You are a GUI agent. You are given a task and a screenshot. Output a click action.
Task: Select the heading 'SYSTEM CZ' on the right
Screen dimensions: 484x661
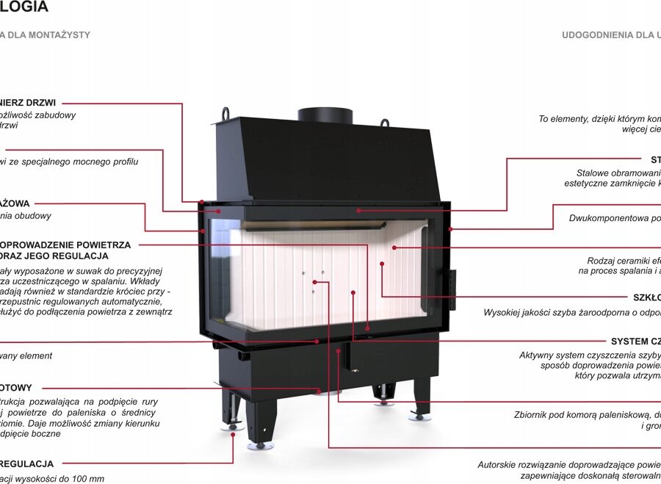point(635,342)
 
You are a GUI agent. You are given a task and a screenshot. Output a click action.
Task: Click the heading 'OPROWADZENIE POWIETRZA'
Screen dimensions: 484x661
point(65,245)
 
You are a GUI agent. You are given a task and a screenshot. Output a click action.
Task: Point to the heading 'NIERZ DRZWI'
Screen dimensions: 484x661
point(28,103)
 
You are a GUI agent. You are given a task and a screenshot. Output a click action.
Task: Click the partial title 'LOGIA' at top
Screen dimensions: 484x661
point(24,8)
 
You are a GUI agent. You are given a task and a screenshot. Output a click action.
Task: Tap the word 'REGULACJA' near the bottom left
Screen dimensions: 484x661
point(27,464)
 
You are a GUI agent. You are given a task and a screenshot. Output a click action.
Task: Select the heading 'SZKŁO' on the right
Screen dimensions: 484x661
point(646,297)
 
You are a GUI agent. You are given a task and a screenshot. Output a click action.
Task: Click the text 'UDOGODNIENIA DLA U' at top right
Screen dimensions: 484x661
point(611,35)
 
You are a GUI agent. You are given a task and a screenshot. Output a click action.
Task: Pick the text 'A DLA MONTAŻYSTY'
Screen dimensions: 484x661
point(45,35)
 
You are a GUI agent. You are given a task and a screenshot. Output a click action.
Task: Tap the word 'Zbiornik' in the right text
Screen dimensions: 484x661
point(532,415)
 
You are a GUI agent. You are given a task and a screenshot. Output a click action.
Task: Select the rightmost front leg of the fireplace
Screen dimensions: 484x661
point(421,400)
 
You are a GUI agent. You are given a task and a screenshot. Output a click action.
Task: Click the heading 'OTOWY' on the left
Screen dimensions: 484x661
point(16,388)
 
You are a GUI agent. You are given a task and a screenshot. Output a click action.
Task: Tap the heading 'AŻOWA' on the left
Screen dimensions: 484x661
point(15,203)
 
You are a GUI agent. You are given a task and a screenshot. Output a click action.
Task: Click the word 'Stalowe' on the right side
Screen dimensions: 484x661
point(593,173)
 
